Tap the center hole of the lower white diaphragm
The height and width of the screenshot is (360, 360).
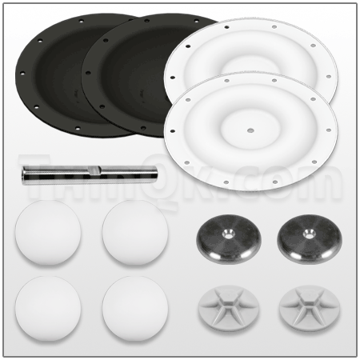251,128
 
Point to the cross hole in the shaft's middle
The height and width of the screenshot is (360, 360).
94,170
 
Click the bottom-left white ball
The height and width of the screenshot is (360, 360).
48,309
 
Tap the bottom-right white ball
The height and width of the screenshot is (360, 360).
134,309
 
